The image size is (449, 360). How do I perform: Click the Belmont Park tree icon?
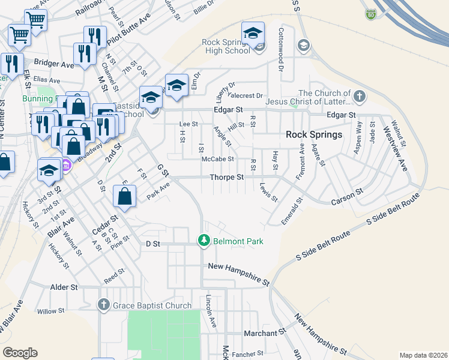pyautogui.click(x=204, y=241)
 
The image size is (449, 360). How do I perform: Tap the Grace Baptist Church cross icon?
pyautogui.click(x=104, y=305)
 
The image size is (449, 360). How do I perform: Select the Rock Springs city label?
pyautogui.click(x=314, y=134)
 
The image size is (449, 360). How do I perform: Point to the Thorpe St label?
pyautogui.click(x=227, y=178)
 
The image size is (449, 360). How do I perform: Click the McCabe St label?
pyautogui.click(x=217, y=160)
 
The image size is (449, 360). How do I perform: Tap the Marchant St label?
pyautogui.click(x=264, y=332)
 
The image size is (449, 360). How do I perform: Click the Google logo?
pyautogui.click(x=20, y=353)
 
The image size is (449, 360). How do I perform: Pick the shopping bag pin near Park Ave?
pyautogui.click(x=124, y=196)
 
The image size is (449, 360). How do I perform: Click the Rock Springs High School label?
pyautogui.click(x=226, y=46)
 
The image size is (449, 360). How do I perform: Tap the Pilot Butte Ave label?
pyautogui.click(x=128, y=31)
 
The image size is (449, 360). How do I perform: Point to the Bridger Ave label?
pyautogui.click(x=54, y=64)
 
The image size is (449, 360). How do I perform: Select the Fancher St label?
pyautogui.click(x=247, y=354)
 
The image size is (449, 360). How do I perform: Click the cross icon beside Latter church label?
pyautogui.click(x=359, y=97)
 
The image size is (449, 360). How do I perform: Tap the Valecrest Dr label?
pyautogui.click(x=244, y=95)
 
